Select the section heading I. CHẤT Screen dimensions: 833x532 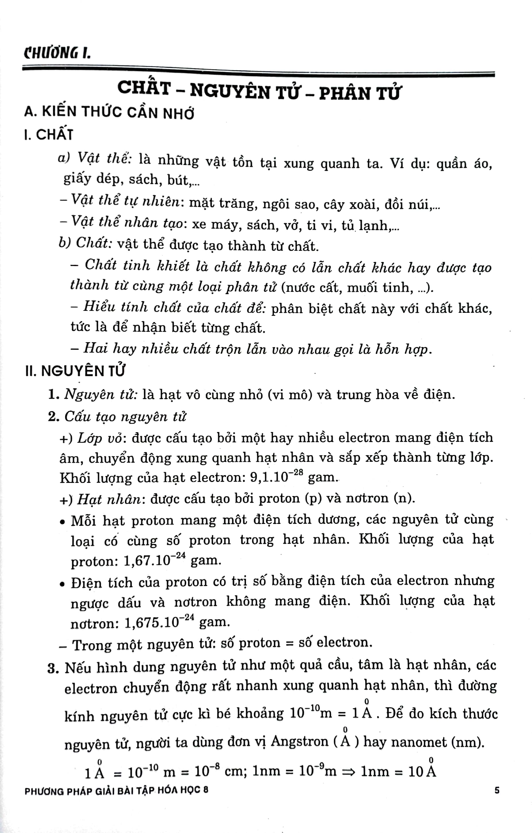tap(49, 134)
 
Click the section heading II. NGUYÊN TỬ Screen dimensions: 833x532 tap(75, 371)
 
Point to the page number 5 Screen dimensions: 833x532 tap(497, 790)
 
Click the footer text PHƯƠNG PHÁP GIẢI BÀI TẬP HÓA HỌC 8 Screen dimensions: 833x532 tap(117, 790)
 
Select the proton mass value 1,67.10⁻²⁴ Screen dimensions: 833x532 tap(154, 560)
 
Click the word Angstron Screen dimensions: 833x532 tap(300, 741)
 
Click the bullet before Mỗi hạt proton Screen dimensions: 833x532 tap(62, 521)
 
